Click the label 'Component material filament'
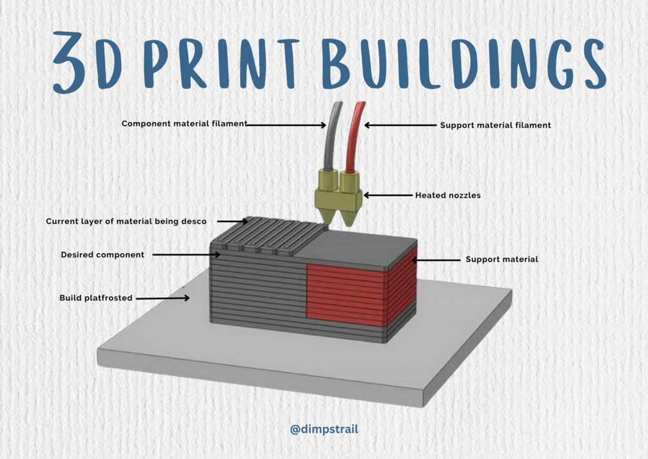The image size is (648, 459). click(x=184, y=124)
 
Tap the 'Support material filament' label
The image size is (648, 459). click(x=495, y=125)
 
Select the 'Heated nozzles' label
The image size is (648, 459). click(x=447, y=195)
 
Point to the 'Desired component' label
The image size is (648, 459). click(x=103, y=255)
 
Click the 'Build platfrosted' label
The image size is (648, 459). click(x=96, y=298)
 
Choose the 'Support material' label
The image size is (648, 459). click(x=502, y=260)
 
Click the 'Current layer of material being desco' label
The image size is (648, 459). click(x=126, y=221)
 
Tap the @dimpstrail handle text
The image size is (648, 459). click(x=324, y=429)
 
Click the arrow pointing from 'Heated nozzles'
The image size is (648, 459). click(x=388, y=195)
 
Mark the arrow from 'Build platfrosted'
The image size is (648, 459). click(x=163, y=298)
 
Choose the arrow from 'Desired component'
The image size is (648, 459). click(x=187, y=255)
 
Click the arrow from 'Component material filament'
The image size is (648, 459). click(x=287, y=125)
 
